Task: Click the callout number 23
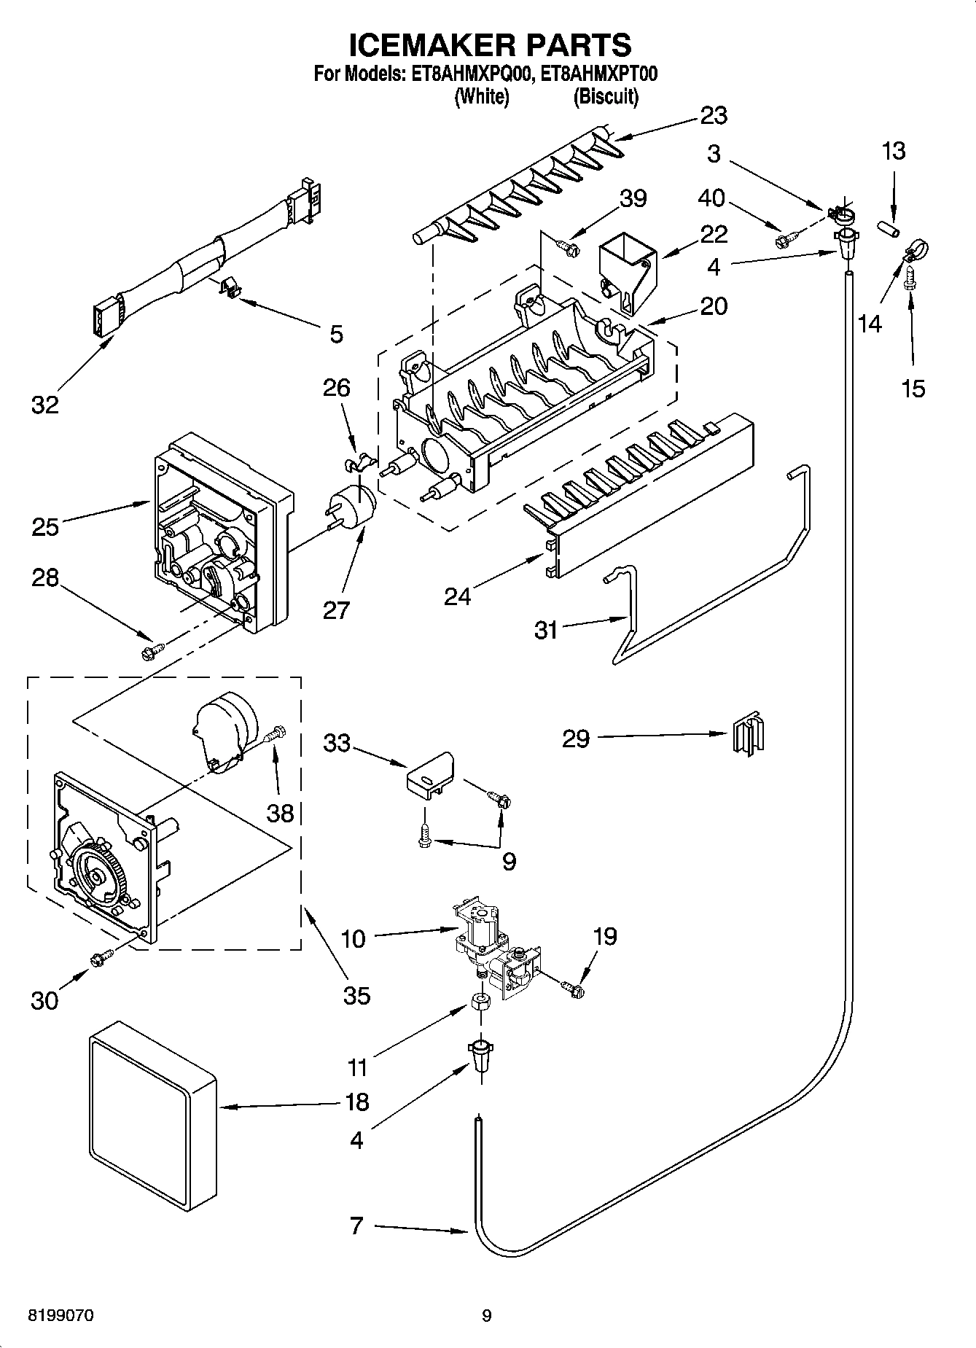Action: click(714, 115)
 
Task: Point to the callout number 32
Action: click(45, 405)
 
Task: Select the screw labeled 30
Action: click(101, 958)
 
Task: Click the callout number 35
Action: click(356, 994)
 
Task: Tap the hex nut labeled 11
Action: click(481, 1003)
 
